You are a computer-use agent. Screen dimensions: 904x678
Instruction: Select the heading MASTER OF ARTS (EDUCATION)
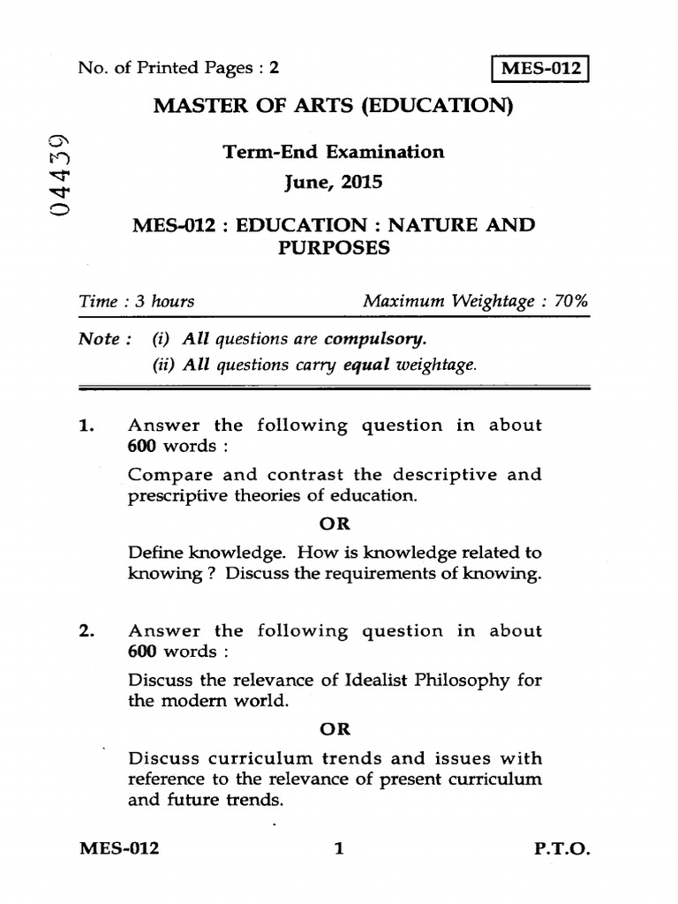coord(333,107)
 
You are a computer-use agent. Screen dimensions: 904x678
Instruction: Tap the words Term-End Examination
coord(334,152)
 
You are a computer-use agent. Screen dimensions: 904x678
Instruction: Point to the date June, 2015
coord(333,183)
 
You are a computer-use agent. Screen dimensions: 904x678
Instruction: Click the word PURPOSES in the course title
coord(333,247)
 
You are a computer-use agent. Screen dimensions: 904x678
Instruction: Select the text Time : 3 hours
coord(137,302)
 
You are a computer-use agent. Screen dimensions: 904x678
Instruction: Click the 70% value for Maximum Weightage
coord(571,302)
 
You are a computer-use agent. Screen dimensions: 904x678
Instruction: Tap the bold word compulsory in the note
coord(375,339)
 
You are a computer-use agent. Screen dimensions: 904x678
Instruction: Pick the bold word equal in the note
coord(365,365)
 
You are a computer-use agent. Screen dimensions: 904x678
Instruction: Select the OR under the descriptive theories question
coord(334,524)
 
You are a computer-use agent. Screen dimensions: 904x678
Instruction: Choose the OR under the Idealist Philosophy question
coord(334,729)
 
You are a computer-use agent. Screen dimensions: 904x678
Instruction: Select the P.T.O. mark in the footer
coord(561,849)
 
